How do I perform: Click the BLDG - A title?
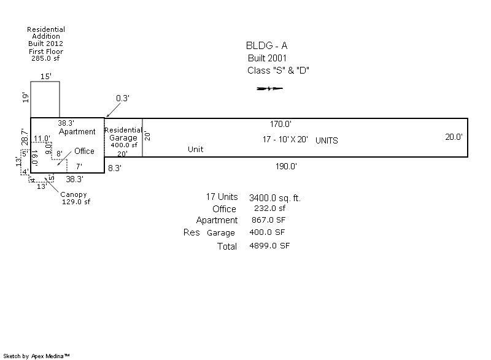coord(266,45)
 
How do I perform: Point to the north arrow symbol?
coord(270,89)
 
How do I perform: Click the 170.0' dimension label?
coord(280,124)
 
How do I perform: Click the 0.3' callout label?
coord(123,98)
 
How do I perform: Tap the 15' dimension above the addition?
coord(45,77)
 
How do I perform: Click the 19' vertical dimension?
coord(26,98)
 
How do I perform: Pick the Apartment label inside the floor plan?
coord(77,132)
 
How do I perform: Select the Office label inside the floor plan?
coord(85,151)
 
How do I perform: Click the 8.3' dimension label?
coord(114,167)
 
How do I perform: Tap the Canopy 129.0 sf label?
coord(76,199)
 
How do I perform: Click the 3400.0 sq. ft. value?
coord(275,198)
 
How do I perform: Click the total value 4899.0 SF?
coord(269,246)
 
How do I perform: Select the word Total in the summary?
coord(226,247)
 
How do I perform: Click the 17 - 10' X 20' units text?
coord(286,140)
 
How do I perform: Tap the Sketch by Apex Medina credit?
coord(37,356)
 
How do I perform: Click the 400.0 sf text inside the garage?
coord(123,145)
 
